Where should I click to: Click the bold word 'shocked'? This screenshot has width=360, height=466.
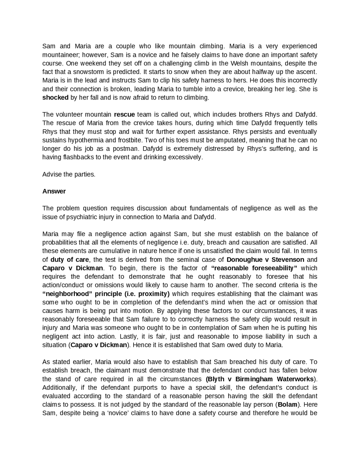click(55, 98)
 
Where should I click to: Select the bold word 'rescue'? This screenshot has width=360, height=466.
click(124, 115)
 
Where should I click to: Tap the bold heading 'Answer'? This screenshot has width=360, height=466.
click(54, 191)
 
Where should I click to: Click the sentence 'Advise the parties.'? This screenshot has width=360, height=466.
click(69, 174)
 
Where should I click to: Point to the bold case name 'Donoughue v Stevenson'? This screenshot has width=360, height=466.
click(265, 260)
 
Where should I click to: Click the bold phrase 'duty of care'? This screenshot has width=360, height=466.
click(70, 260)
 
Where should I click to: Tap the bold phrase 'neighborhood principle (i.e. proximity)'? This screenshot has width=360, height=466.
click(106, 294)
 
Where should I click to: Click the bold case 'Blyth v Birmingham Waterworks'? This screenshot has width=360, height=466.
click(260, 379)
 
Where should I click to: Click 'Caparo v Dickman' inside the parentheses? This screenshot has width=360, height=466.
click(99, 345)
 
